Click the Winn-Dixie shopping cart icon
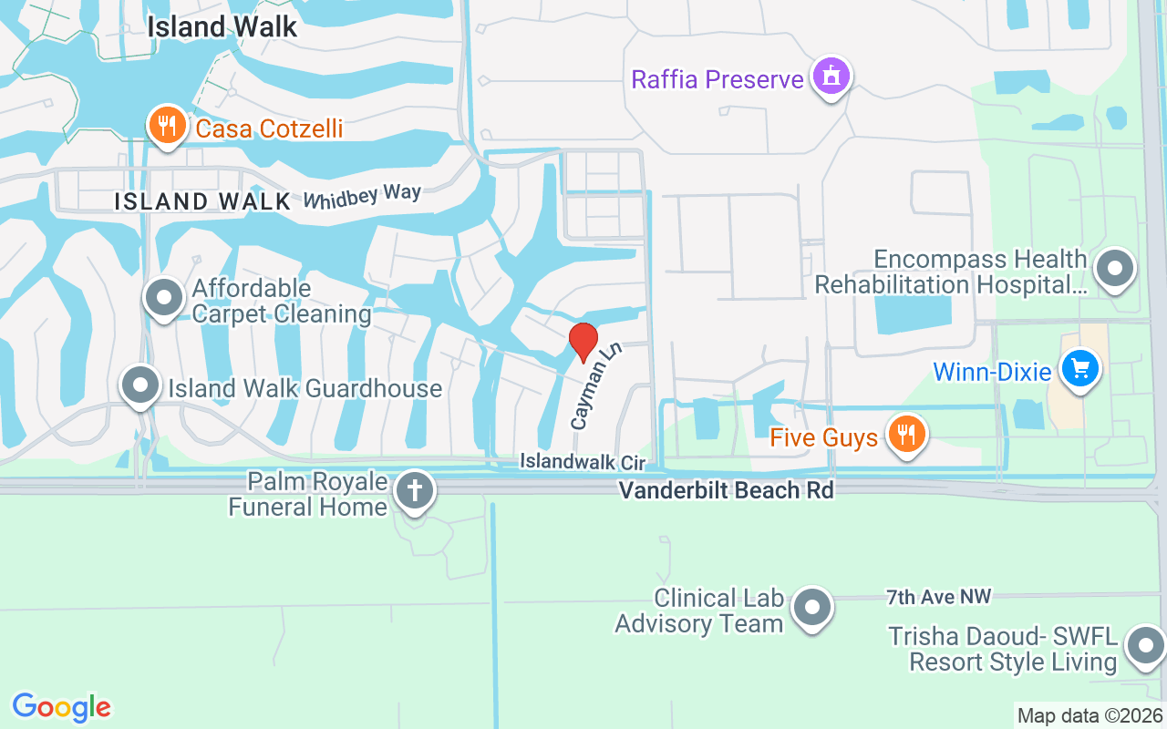(1080, 369)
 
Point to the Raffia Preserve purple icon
(831, 77)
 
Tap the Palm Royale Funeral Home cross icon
(415, 491)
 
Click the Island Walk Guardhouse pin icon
(139, 385)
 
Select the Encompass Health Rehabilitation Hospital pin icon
(1114, 269)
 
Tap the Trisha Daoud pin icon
(1144, 646)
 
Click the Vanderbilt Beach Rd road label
(726, 490)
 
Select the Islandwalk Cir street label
(583, 462)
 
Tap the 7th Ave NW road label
(938, 598)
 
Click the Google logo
(62, 707)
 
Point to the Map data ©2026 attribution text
(1090, 715)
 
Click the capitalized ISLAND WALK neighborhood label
(202, 201)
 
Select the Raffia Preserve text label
(718, 79)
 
